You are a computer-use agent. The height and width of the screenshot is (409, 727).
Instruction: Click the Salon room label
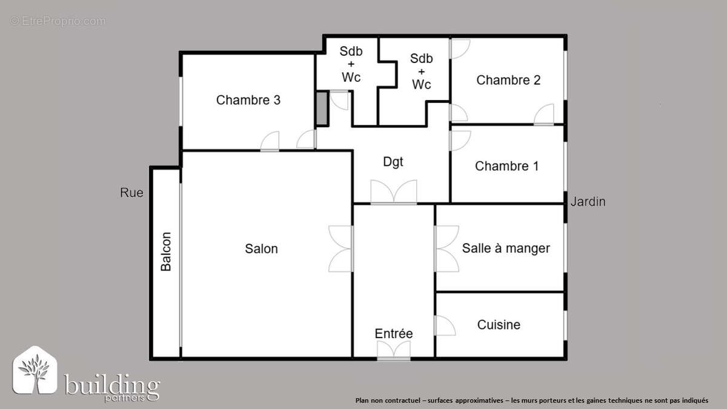coord(261,248)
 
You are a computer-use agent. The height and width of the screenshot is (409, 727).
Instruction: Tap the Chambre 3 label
coord(248,100)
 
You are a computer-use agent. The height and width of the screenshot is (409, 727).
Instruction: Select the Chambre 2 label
coord(508,80)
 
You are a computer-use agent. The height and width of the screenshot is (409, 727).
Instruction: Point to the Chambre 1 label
coord(506,166)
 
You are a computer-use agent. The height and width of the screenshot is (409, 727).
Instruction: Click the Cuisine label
coord(499,325)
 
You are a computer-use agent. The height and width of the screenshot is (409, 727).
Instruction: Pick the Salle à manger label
coord(506,248)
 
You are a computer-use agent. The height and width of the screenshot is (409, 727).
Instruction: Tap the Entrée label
coord(393,334)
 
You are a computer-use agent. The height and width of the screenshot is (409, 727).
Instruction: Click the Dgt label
coord(393,162)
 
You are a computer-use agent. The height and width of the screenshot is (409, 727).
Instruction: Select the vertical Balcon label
coord(166,251)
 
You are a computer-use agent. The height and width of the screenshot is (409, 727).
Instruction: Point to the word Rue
coord(131,193)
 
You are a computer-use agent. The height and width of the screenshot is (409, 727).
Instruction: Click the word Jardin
coord(587,202)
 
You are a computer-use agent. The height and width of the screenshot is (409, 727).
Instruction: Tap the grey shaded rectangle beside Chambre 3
coord(321,108)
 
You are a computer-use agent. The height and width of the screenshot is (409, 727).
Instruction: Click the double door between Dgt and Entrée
coord(394,192)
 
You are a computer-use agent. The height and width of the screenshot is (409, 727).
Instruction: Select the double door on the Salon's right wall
coord(341,248)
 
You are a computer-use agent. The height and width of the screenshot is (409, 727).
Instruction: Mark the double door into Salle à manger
coord(446,248)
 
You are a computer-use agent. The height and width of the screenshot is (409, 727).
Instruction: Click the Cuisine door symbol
coord(445,325)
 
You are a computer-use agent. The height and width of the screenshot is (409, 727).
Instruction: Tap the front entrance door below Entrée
coord(393,351)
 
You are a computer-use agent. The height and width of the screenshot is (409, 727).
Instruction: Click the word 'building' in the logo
coord(111,384)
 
